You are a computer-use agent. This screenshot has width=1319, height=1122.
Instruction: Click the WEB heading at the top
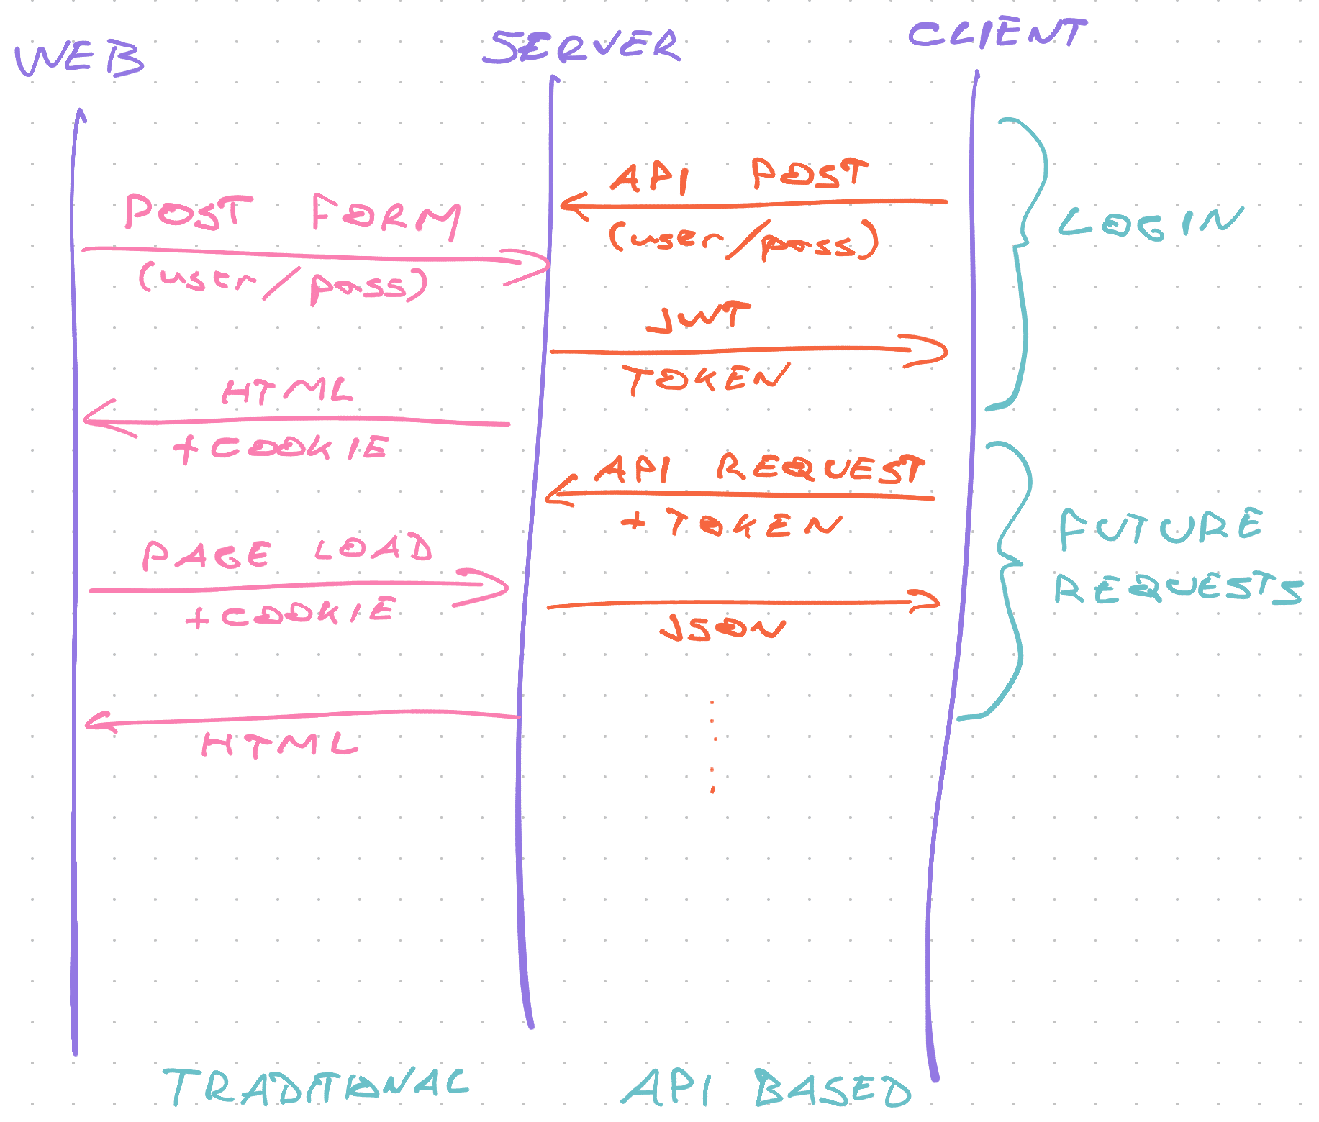coord(79,59)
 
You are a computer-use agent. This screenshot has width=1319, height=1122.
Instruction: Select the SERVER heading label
coord(581,47)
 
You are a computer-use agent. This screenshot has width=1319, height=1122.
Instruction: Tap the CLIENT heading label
coord(997,34)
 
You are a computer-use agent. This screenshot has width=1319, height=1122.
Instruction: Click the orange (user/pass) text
coord(744,240)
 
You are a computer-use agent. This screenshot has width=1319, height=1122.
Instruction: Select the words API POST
coord(739,175)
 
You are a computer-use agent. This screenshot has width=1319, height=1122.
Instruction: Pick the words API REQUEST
coord(759,468)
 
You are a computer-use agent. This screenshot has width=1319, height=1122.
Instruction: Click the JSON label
coord(722,628)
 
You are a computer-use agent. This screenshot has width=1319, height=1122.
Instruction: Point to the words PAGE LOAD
coord(287,552)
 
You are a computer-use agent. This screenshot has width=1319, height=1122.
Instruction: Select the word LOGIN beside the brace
coord(1151,223)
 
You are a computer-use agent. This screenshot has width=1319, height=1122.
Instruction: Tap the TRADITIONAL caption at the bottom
coord(317,1086)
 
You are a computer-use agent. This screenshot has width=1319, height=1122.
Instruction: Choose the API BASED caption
coord(766,1089)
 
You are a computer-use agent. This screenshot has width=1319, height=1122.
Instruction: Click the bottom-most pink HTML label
coord(280,744)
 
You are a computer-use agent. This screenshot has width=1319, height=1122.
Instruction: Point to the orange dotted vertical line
coord(712,745)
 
